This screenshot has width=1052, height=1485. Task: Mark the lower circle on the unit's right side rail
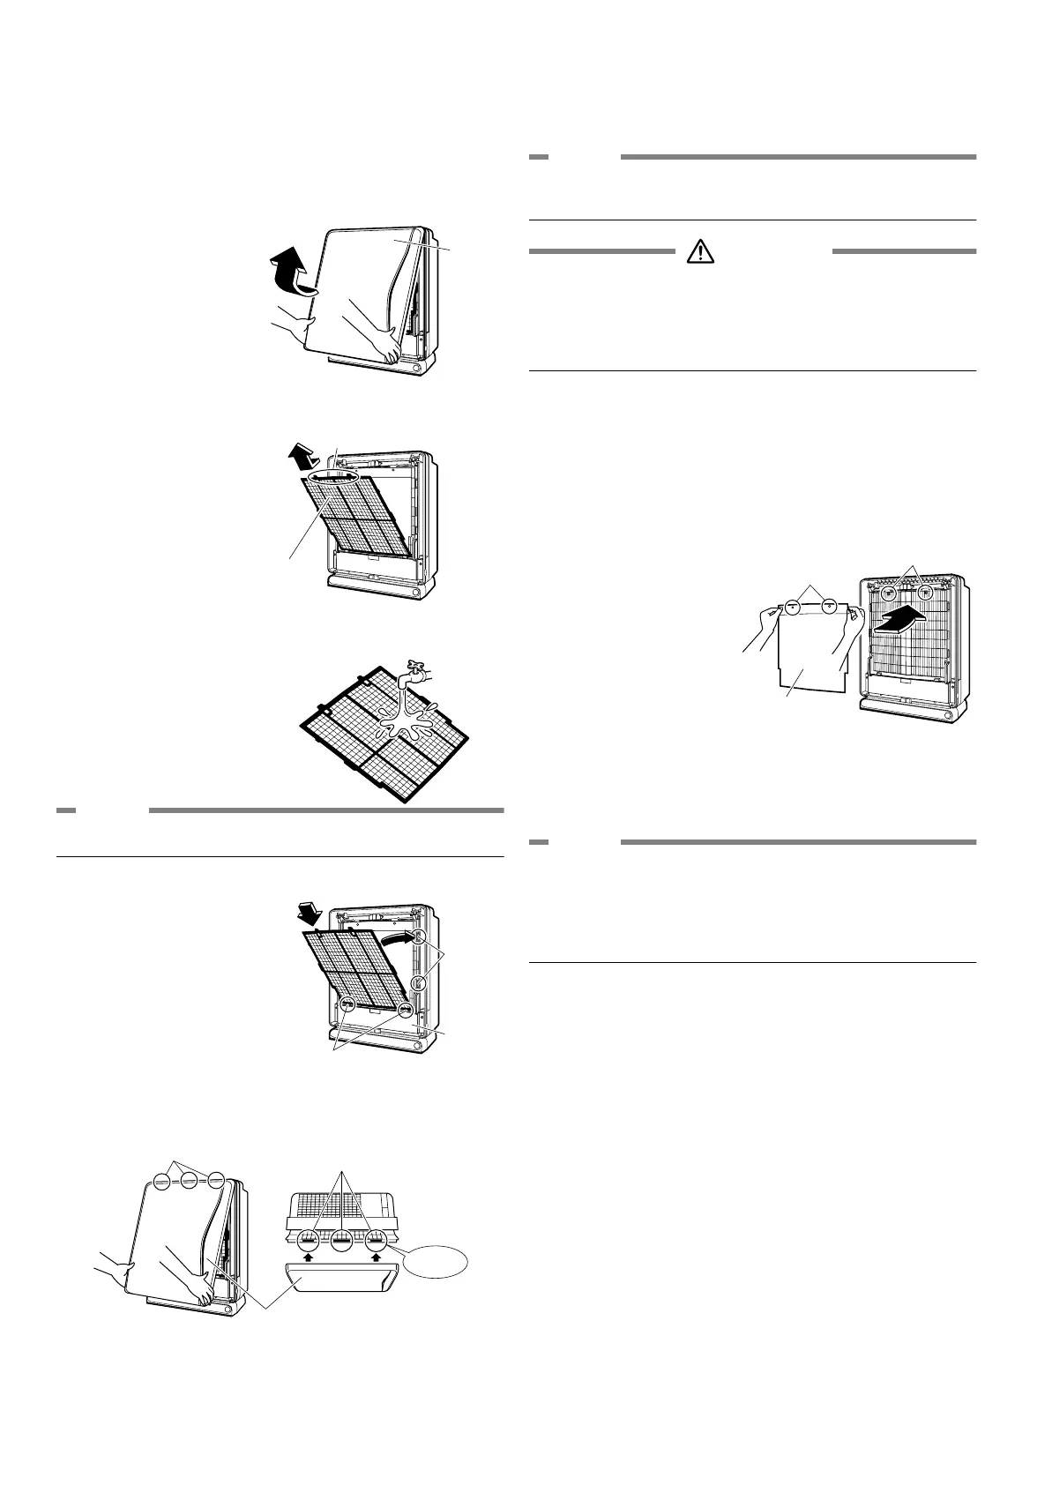(420, 982)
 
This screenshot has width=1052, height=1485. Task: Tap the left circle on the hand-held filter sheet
(792, 607)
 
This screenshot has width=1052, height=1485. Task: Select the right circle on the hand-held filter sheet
(829, 607)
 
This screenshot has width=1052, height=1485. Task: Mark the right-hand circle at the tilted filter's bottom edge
(405, 1010)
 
